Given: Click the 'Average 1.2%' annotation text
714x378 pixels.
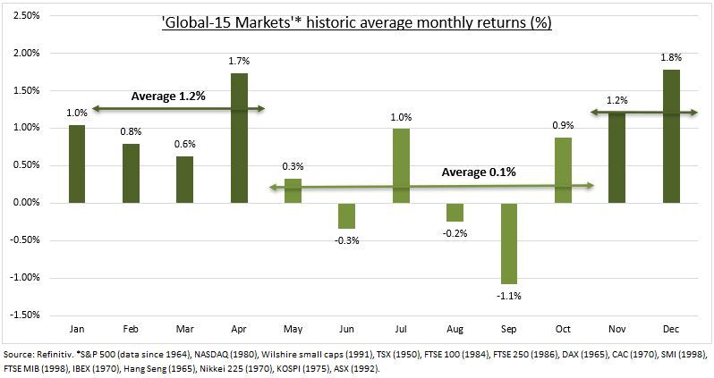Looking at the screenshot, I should pos(167,96).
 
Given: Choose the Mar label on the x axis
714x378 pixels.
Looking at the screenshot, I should pos(183,328).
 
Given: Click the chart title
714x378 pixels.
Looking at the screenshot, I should pos(356,20).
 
